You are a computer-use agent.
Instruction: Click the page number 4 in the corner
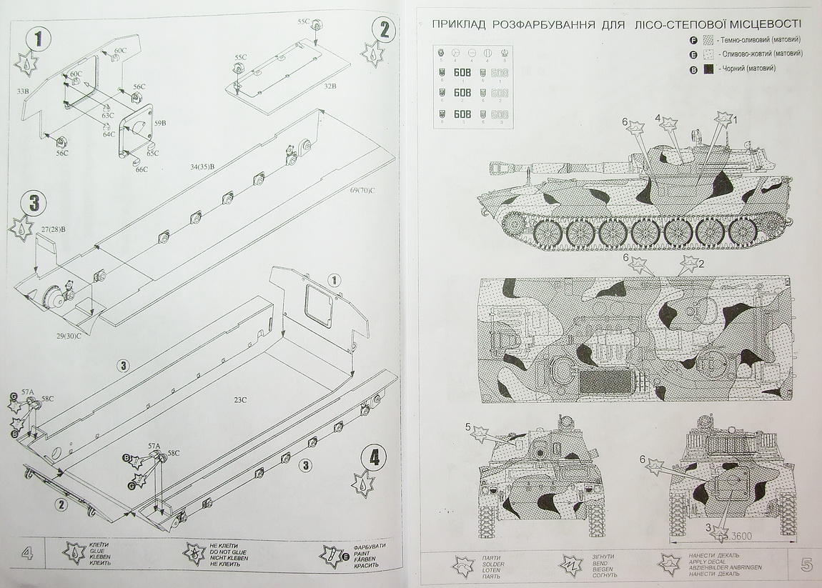[x=26, y=554]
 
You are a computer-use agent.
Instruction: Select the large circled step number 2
[x=384, y=29]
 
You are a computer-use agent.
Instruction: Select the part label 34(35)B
[x=202, y=166]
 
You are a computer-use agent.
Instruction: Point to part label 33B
[x=22, y=91]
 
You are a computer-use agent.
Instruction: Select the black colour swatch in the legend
[x=708, y=69]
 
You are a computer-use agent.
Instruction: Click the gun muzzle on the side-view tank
[x=492, y=169]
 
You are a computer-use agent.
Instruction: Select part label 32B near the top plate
[x=330, y=85]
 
